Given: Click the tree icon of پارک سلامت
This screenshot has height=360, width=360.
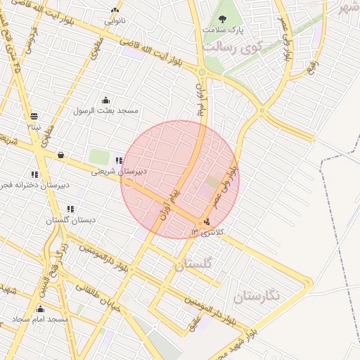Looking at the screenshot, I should click(x=222, y=20).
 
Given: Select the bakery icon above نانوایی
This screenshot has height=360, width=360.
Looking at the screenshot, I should click(x=115, y=10).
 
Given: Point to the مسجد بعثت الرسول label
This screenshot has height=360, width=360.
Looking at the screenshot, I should click(x=106, y=110).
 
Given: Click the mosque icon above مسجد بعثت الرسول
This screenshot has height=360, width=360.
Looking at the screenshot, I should click(x=105, y=100).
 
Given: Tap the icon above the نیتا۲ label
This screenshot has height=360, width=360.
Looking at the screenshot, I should click(x=34, y=116).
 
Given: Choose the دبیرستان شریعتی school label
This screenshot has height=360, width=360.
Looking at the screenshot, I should click(x=120, y=171).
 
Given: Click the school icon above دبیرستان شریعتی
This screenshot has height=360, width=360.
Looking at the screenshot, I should click(x=118, y=160).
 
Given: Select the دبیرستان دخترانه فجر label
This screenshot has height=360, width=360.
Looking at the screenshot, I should click(x=34, y=185).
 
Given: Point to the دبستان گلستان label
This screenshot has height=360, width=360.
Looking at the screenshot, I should click(x=70, y=220).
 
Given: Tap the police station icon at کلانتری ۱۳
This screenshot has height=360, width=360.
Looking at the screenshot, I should click(x=206, y=222).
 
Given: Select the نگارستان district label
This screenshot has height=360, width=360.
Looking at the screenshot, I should click(x=257, y=295).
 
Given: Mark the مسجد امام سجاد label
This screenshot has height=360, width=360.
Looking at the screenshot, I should click(x=40, y=320).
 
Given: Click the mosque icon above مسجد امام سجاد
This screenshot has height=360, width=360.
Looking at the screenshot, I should click(x=40, y=309).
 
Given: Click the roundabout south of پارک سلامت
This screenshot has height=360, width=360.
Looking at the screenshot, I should click(x=202, y=72).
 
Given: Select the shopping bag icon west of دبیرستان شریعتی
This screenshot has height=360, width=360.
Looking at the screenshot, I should click(x=60, y=155).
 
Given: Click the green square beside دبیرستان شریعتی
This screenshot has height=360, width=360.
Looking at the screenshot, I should click(x=98, y=157).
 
